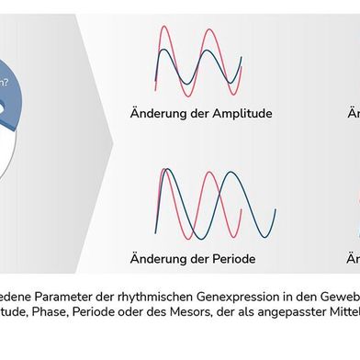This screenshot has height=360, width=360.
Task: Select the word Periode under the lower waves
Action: click(x=230, y=259)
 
